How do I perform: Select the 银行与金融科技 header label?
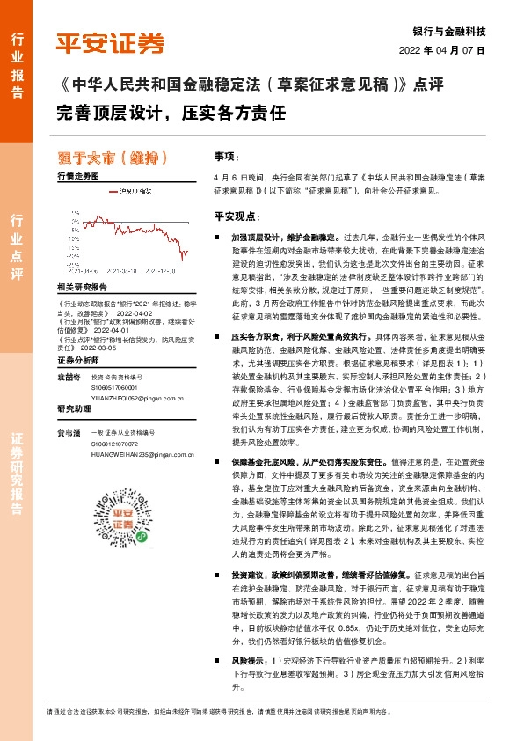click(x=455, y=30)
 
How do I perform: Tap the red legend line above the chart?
click(x=113, y=189)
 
